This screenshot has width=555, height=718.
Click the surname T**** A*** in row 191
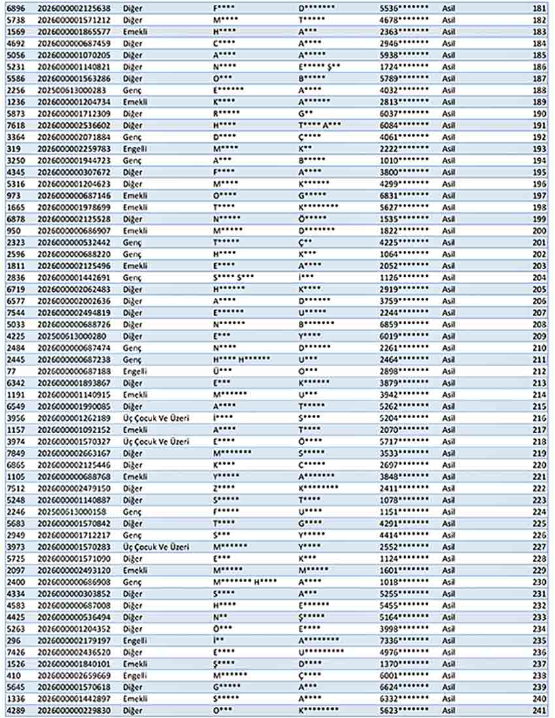(x=320, y=125)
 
